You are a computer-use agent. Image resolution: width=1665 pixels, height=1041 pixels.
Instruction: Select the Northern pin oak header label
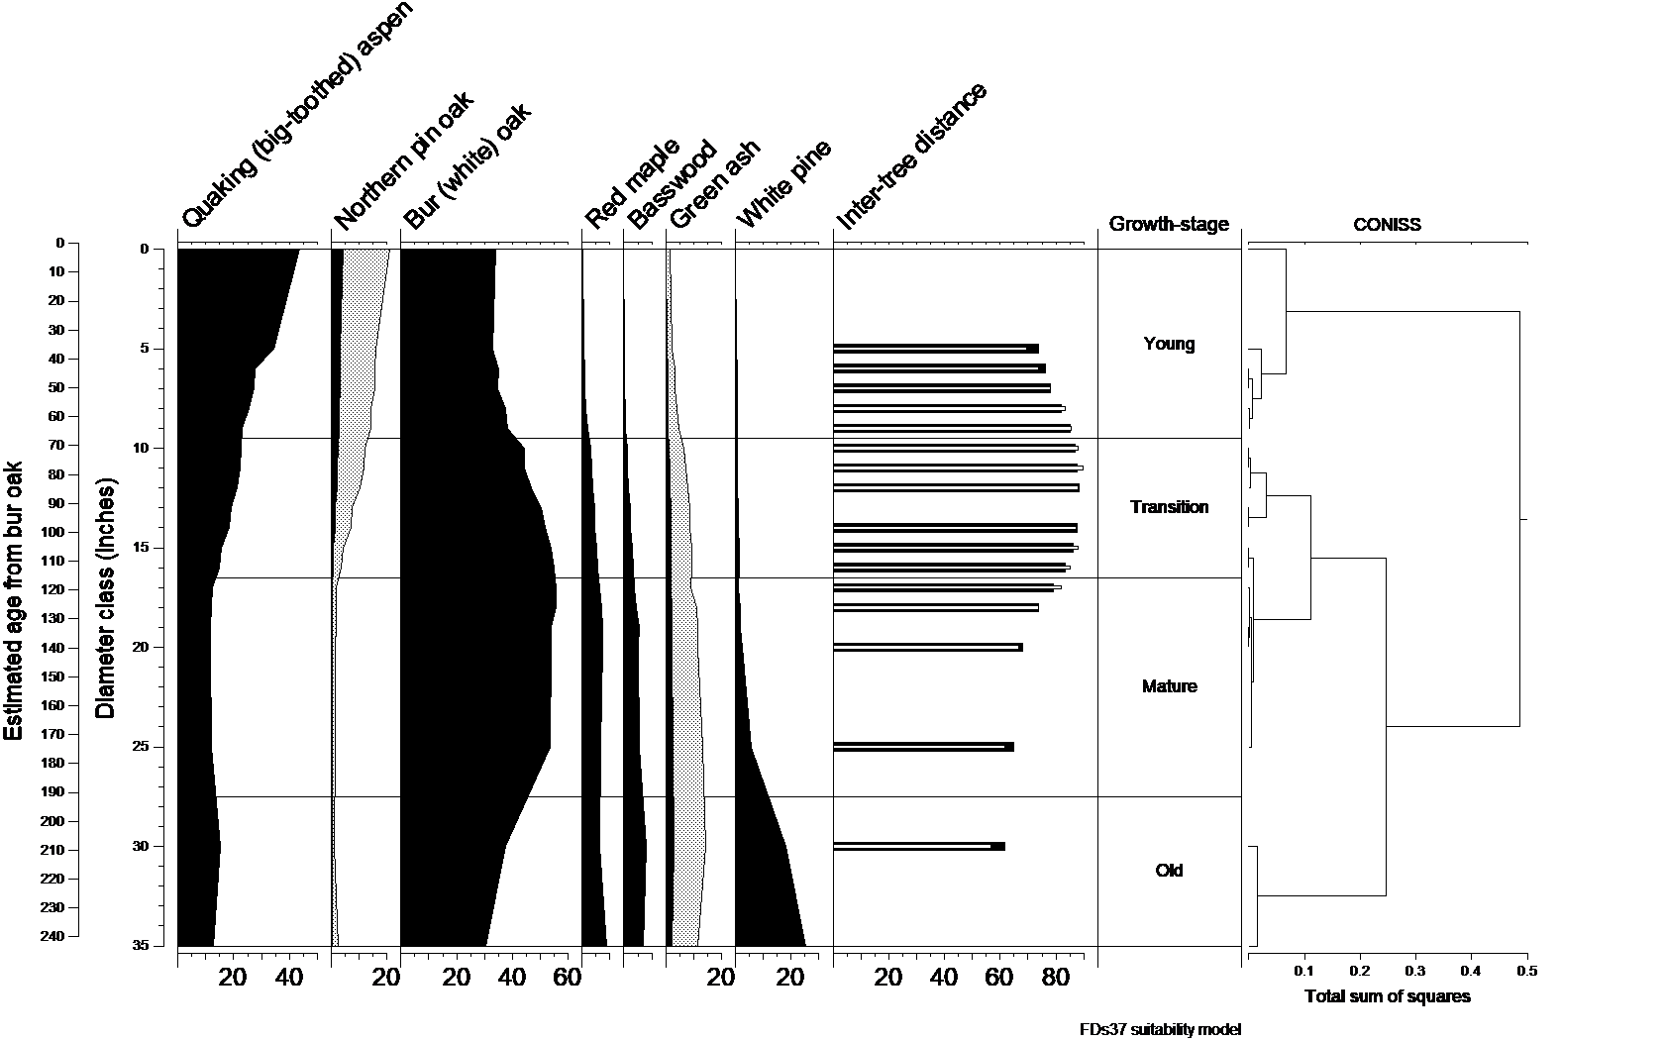(404, 162)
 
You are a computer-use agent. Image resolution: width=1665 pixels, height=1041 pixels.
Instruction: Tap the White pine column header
(783, 184)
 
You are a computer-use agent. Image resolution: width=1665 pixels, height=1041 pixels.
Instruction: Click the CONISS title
(1387, 225)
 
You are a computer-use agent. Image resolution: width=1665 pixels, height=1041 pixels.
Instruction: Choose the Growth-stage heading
(1169, 224)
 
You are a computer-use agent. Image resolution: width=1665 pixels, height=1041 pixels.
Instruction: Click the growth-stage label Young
(1169, 345)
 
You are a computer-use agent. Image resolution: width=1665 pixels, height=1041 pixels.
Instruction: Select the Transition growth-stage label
(1169, 507)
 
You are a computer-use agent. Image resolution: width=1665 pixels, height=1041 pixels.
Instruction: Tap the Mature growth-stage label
(1169, 686)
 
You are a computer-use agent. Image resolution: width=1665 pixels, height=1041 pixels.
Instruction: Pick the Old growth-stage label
(1169, 871)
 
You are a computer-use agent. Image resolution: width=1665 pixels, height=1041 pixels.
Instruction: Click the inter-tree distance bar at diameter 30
(918, 846)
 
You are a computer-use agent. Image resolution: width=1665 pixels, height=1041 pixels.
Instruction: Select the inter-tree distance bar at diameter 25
(923, 747)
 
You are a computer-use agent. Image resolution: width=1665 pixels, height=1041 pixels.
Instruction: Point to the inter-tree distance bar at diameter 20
(927, 647)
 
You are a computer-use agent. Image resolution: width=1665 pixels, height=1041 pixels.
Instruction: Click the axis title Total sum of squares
(1387, 996)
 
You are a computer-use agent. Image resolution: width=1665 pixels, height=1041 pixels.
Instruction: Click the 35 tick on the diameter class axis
(142, 946)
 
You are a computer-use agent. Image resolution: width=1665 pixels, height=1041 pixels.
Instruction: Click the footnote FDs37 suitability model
(1160, 1029)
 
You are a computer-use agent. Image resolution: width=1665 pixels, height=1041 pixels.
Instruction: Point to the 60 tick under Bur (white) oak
(567, 979)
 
